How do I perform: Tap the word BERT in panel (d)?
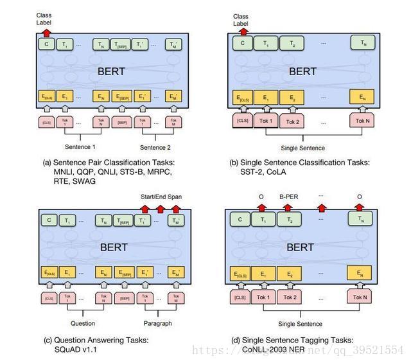(x=301, y=247)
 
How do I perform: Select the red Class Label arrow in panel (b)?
(x=241, y=30)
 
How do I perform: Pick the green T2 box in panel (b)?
(x=291, y=44)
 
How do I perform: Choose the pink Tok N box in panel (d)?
(x=360, y=297)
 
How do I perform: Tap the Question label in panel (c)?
(x=83, y=323)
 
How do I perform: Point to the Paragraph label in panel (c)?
(x=157, y=323)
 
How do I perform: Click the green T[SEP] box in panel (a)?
(x=121, y=44)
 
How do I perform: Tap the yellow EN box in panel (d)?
(x=360, y=274)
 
